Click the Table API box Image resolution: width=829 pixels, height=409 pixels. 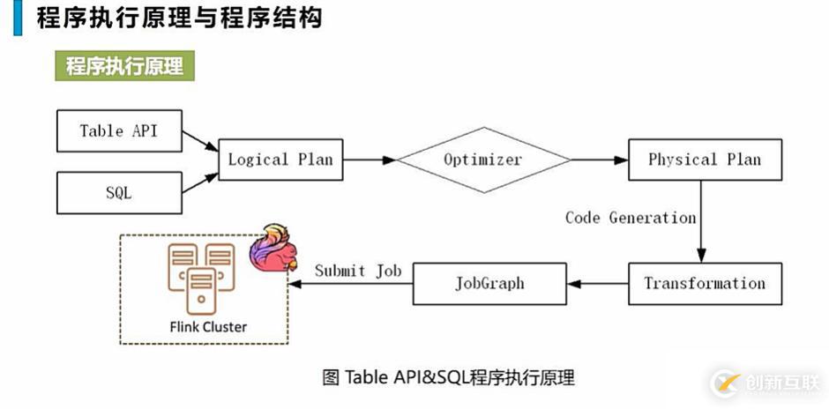click(x=119, y=130)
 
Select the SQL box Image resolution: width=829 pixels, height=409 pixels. click(x=119, y=192)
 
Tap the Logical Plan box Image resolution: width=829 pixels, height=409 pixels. click(x=280, y=160)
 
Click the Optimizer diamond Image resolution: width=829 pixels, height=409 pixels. click(x=483, y=160)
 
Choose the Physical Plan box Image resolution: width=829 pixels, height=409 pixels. click(x=705, y=160)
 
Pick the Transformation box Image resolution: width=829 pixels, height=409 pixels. click(x=705, y=284)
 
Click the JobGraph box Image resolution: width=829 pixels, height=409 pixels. click(x=489, y=284)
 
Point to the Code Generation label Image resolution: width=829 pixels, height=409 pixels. click(x=631, y=218)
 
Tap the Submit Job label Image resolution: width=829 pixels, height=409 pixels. click(x=358, y=271)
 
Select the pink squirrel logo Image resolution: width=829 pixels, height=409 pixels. click(x=273, y=248)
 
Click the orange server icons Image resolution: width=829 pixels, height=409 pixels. click(x=201, y=278)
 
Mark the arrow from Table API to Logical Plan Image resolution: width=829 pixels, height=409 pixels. click(x=200, y=140)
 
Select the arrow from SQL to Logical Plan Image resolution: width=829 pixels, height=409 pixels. click(x=200, y=182)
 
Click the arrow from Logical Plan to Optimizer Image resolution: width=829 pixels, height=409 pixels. click(x=370, y=160)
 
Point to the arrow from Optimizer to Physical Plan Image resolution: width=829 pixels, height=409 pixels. click(x=600, y=160)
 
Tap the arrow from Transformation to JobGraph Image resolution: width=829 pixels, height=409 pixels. click(x=597, y=284)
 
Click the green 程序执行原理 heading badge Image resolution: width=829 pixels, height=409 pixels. click(x=124, y=65)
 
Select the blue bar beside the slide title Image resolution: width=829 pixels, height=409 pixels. click(x=18, y=18)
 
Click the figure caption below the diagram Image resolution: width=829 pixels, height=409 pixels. click(x=448, y=378)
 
